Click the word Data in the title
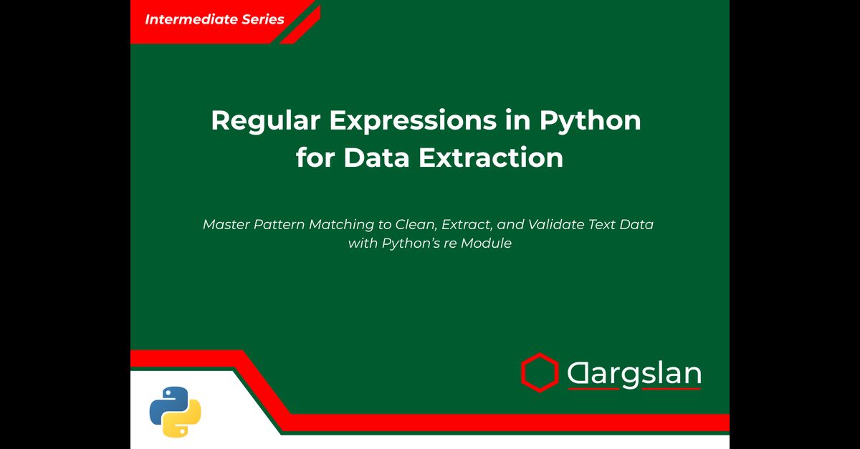(377, 158)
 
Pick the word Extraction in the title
(491, 158)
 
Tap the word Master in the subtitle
(226, 225)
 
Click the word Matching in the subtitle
(341, 226)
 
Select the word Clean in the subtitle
(416, 225)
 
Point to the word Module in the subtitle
(486, 243)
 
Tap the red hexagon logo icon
(540, 372)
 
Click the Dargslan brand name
(634, 374)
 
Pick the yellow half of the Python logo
(182, 418)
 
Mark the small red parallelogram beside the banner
(300, 24)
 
